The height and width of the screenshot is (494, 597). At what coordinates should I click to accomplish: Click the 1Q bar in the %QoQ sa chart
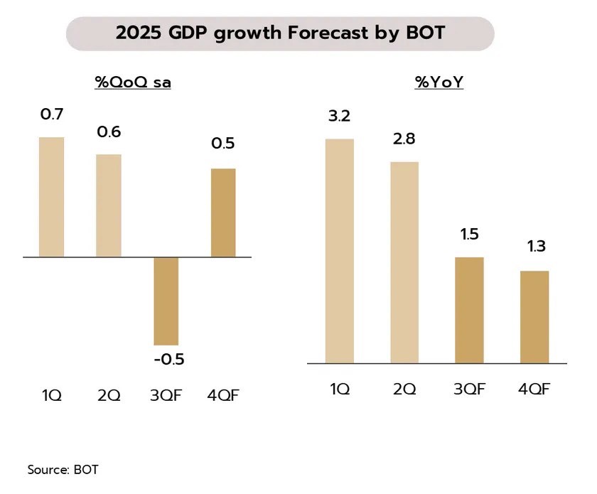(x=51, y=197)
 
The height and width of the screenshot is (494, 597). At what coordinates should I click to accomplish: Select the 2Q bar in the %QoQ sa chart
(x=109, y=205)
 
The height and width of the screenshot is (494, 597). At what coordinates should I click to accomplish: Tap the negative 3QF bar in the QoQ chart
(x=166, y=301)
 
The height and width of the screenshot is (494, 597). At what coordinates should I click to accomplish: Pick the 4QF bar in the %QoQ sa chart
(x=223, y=213)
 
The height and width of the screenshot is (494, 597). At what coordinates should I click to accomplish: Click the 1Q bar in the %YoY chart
(x=339, y=251)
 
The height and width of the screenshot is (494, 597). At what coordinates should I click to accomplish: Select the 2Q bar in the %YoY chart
(x=404, y=262)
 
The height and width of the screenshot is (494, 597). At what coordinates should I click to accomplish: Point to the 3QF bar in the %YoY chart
(x=469, y=310)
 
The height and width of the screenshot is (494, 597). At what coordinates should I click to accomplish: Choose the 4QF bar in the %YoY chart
(x=534, y=317)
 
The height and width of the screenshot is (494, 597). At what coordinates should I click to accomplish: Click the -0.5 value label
(x=168, y=359)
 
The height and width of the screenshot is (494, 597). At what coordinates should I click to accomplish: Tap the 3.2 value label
(x=339, y=116)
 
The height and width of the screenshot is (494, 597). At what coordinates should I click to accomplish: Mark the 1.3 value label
(x=534, y=247)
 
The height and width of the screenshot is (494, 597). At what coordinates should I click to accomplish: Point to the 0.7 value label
(x=51, y=113)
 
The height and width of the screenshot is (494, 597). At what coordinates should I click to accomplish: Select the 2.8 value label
(x=404, y=139)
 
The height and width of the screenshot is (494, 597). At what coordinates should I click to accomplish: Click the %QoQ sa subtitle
(x=133, y=82)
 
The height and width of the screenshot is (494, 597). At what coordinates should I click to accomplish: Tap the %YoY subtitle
(x=439, y=82)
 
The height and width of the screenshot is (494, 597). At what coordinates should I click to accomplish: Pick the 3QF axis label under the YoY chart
(x=469, y=389)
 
